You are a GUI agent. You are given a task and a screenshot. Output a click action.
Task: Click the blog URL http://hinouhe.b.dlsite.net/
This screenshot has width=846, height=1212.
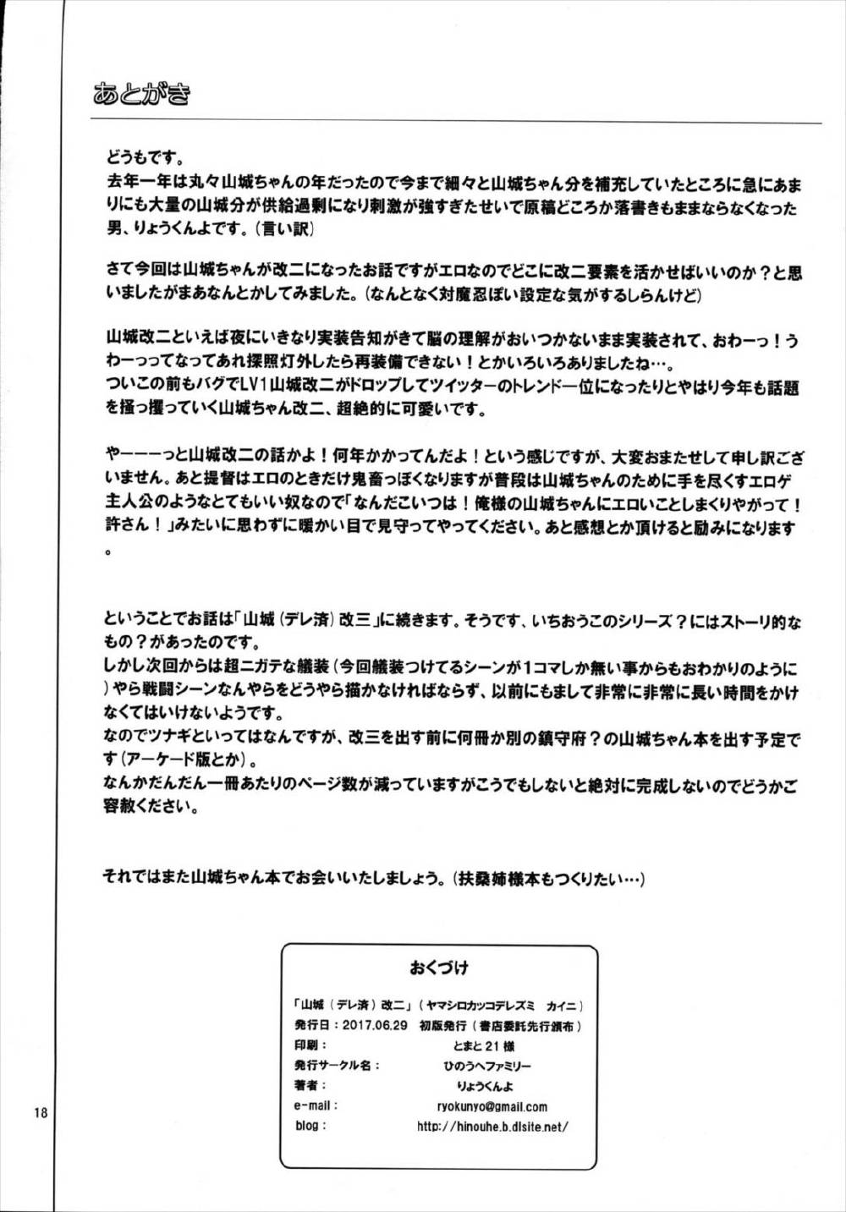492,1126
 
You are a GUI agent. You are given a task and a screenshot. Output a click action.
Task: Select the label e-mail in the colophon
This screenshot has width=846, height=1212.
316,1105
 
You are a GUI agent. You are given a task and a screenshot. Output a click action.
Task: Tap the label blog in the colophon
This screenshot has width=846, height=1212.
310,1126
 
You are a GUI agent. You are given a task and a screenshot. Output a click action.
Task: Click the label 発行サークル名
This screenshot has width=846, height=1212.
337,1066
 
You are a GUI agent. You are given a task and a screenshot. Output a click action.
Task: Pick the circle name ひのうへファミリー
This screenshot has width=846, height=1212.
481,1066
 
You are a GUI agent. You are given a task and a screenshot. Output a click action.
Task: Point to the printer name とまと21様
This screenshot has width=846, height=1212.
481,1045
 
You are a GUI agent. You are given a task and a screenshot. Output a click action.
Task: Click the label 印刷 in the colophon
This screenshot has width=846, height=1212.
310,1045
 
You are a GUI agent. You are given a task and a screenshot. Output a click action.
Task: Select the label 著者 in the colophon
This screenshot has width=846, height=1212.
310,1085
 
